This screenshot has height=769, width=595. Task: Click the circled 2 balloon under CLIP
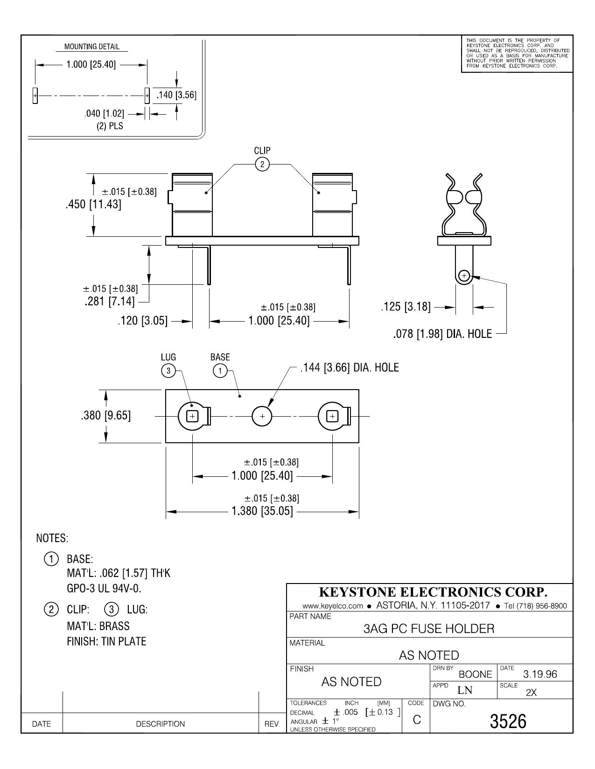tap(262, 164)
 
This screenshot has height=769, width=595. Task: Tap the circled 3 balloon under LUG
tap(168, 371)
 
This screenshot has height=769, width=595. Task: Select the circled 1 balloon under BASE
tap(220, 371)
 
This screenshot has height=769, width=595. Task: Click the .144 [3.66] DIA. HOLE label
tap(350, 368)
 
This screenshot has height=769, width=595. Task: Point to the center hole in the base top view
tap(262, 416)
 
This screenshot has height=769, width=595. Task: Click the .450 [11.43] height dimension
tap(93, 205)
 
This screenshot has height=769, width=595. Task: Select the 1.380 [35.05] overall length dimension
tap(262, 511)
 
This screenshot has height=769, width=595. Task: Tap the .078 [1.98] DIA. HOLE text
tap(442, 334)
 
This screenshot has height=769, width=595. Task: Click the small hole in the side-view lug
tap(464, 275)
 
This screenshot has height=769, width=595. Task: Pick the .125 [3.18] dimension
tap(406, 307)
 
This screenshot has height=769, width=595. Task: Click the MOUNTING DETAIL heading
tap(92, 47)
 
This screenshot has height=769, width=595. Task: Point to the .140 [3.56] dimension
tap(176, 95)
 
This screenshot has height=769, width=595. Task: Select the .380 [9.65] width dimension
tap(105, 415)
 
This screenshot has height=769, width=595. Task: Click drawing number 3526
tap(508, 721)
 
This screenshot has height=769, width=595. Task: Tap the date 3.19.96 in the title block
tap(540, 674)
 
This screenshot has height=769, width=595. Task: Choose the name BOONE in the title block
tap(475, 674)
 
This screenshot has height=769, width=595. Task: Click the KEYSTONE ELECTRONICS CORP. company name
tap(433, 592)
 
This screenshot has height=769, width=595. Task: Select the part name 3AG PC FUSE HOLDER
tap(429, 629)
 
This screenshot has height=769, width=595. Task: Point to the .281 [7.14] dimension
tap(110, 302)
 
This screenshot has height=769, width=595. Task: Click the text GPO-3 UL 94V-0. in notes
tap(104, 588)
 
